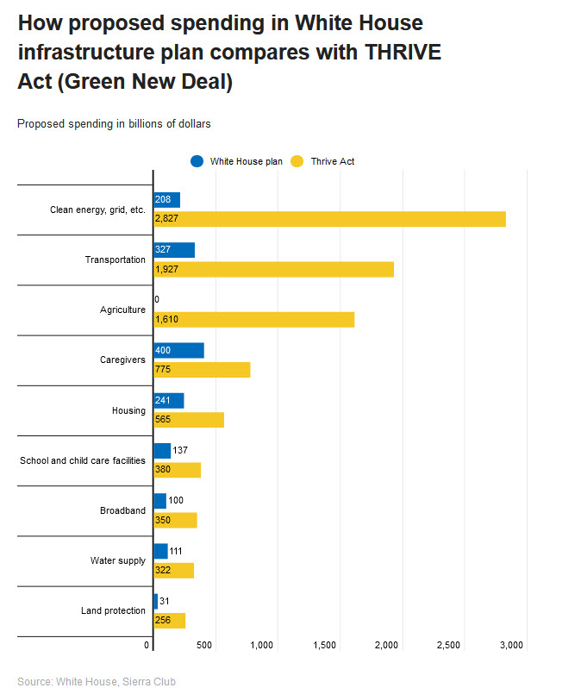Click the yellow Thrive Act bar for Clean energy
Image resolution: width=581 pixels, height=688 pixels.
click(329, 219)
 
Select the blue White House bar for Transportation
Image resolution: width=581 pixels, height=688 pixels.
click(174, 250)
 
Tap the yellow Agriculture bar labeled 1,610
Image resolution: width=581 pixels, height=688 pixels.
click(253, 319)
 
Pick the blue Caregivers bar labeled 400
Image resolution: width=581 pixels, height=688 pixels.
click(178, 350)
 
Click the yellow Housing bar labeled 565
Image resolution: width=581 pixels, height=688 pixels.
click(189, 420)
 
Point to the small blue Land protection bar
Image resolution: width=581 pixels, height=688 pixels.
click(156, 601)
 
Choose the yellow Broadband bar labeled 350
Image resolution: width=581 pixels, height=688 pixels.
click(175, 520)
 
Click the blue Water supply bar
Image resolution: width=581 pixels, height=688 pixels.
click(160, 551)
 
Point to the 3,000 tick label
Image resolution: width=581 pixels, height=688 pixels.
click(512, 645)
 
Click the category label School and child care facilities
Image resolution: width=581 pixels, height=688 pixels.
click(83, 460)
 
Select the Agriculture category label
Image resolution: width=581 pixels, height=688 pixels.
click(122, 310)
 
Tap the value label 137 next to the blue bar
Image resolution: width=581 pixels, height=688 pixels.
click(180, 450)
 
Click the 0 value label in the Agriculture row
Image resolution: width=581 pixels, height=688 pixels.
click(157, 300)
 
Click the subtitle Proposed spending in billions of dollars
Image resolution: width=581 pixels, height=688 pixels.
click(114, 123)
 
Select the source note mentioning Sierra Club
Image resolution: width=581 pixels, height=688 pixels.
click(97, 682)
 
